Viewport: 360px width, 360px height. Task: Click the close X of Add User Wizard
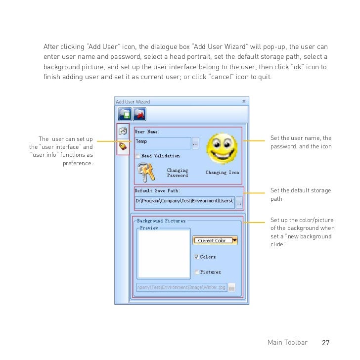tap(244, 101)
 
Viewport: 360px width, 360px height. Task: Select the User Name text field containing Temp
tap(163, 142)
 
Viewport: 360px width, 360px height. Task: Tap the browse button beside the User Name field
tap(196, 143)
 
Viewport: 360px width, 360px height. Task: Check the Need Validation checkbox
tap(138, 156)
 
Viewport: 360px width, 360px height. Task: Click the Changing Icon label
tap(222, 173)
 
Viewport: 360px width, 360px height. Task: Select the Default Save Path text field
tap(184, 202)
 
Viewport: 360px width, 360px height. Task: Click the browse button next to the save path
tap(239, 202)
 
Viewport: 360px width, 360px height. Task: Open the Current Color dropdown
tap(234, 240)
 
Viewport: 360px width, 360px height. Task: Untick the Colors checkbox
tap(197, 257)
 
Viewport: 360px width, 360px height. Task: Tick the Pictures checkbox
tap(197, 272)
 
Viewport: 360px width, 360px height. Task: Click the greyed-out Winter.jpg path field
tap(181, 287)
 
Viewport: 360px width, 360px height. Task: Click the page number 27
tap(325, 343)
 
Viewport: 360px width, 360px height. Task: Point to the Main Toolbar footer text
tap(287, 343)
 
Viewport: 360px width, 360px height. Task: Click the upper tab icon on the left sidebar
tap(123, 132)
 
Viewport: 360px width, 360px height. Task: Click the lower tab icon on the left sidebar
tap(123, 147)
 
